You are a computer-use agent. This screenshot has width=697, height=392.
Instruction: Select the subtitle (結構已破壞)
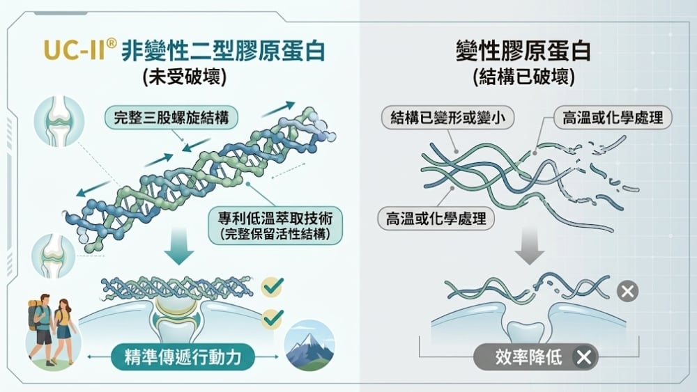[523, 77]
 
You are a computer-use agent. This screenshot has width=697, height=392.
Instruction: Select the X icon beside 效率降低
[584, 358]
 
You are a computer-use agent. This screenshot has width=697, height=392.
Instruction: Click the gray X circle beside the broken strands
[627, 290]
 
